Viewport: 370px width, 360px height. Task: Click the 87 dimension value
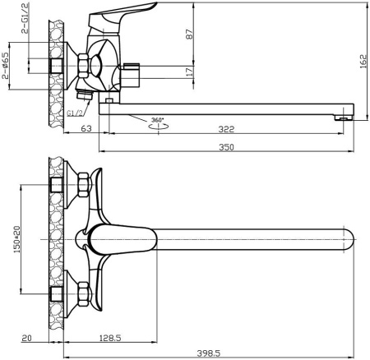[x=190, y=35]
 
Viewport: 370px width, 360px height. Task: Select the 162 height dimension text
[x=363, y=62]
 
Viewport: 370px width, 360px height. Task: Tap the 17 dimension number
[x=190, y=72]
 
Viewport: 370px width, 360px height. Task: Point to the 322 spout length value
[x=226, y=129]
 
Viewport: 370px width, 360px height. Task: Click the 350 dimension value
[x=226, y=147]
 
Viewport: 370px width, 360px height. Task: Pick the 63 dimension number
[x=86, y=128]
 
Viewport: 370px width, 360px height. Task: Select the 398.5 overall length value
[x=209, y=353]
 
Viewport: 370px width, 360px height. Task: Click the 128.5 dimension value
[x=109, y=338]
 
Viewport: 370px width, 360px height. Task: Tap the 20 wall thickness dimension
[x=26, y=338]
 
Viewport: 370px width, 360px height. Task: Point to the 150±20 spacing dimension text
[x=17, y=239]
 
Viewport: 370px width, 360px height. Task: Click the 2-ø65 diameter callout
[x=6, y=66]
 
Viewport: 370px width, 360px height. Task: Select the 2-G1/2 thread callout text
[x=25, y=19]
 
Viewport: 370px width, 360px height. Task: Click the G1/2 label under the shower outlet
[x=74, y=113]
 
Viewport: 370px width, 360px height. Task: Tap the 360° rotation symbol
[x=158, y=123]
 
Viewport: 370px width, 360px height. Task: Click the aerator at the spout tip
[x=344, y=118]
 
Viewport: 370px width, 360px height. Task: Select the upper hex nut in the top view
[x=84, y=185]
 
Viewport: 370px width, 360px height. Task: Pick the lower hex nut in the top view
[x=84, y=293]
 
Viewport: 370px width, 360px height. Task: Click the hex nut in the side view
[x=83, y=66]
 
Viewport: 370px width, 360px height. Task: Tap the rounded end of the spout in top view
[x=349, y=239]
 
